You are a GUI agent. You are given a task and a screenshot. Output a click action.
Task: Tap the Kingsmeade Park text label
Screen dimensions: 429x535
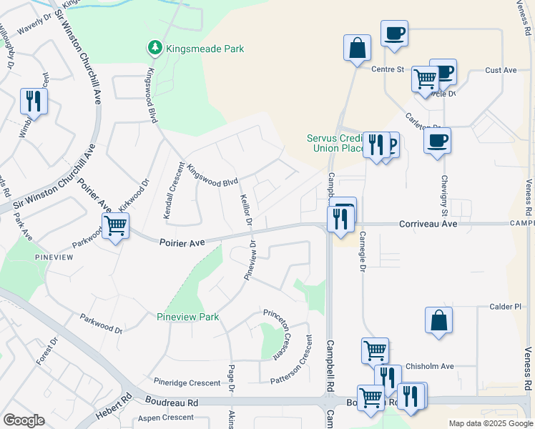pos(205,49)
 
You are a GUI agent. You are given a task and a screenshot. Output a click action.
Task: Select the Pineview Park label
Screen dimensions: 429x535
pos(187,316)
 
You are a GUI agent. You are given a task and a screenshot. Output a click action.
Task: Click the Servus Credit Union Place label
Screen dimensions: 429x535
pos(335,143)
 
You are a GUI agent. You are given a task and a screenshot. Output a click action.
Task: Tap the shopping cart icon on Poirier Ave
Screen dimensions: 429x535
pos(114,227)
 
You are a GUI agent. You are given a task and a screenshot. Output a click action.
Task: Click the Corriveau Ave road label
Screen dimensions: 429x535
pos(428,224)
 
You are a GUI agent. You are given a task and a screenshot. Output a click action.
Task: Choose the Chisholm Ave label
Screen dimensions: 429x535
pos(430,366)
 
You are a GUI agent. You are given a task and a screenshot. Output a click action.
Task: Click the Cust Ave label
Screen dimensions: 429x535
pos(501,70)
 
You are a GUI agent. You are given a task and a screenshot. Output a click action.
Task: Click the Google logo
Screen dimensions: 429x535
pos(24,420)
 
